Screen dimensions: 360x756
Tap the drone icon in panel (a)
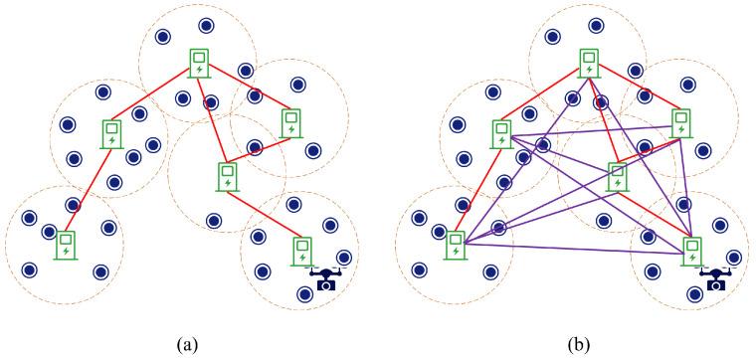pos(324,279)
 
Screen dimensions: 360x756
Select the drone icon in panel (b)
pos(714,279)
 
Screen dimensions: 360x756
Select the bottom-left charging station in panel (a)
pos(66,245)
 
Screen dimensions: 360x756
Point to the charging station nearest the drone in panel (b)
pos(690,249)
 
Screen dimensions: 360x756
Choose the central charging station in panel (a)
pos(228,175)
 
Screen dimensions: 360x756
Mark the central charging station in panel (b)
pos(618,175)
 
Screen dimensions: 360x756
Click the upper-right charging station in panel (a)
pos(290,122)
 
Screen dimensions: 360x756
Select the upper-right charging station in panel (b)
pos(681,122)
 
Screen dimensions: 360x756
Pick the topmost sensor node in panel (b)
pos(596,24)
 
